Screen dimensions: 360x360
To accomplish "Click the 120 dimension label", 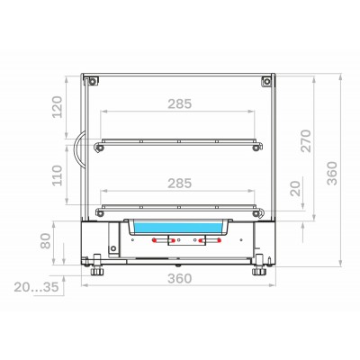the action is click(x=58, y=107).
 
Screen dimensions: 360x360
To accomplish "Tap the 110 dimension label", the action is click(x=58, y=175).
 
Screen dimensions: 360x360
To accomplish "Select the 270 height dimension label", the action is click(x=306, y=140).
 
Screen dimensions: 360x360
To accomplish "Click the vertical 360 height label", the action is click(x=332, y=173).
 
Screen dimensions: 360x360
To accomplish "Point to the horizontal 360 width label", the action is click(x=179, y=278).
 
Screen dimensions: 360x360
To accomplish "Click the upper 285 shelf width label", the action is click(x=179, y=103).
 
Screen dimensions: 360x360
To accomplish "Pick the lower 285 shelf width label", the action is click(x=179, y=184).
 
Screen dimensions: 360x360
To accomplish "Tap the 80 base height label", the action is click(x=46, y=241).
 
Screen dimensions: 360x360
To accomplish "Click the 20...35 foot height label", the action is click(x=36, y=287).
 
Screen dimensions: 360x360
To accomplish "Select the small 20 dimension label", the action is click(x=295, y=188).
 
